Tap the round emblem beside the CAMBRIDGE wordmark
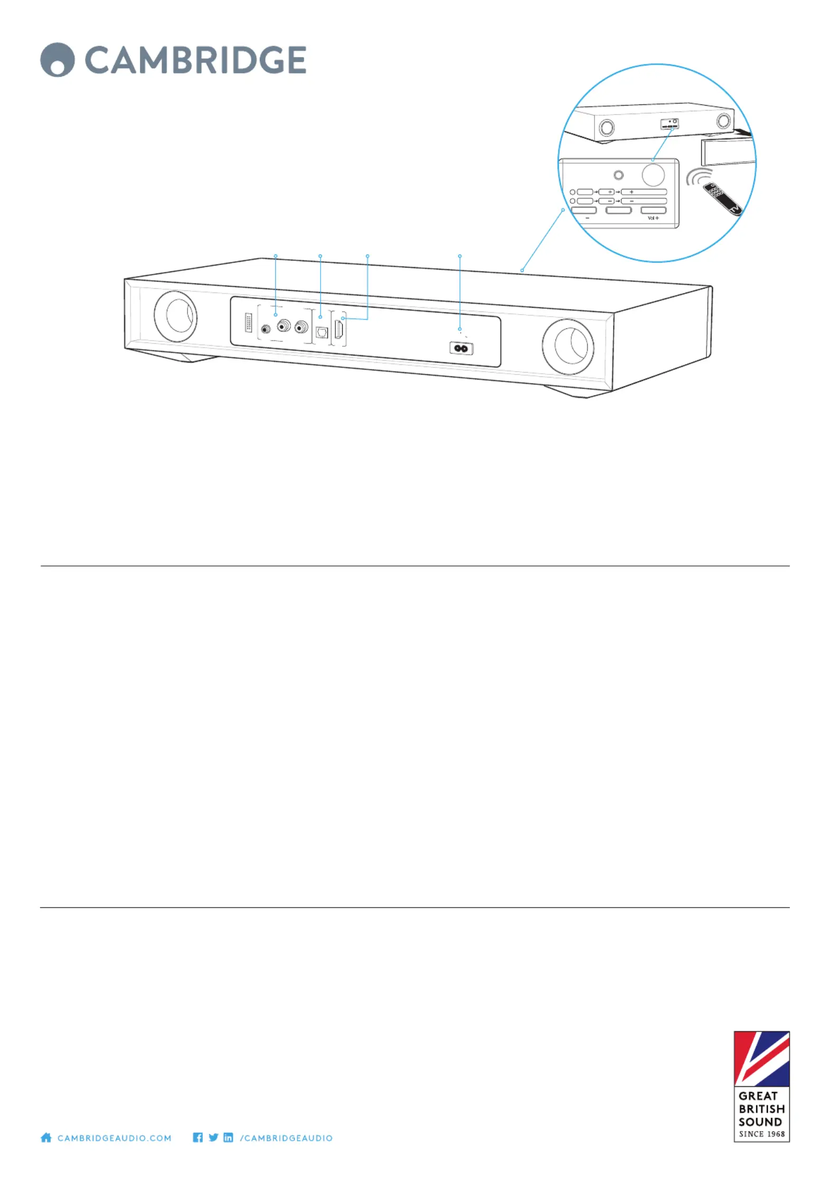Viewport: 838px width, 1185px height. pyautogui.click(x=57, y=60)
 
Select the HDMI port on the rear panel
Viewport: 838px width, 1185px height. pyautogui.click(x=340, y=329)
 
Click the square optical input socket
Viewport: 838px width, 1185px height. pyautogui.click(x=322, y=332)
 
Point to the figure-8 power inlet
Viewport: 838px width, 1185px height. pyautogui.click(x=461, y=348)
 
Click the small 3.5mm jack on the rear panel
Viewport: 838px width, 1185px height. pyautogui.click(x=266, y=329)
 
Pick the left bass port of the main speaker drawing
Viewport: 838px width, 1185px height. pyautogui.click(x=175, y=316)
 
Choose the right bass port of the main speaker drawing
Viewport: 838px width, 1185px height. pyautogui.click(x=568, y=346)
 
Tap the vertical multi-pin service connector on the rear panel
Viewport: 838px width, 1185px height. pyautogui.click(x=248, y=323)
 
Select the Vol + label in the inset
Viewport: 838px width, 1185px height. pyautogui.click(x=653, y=218)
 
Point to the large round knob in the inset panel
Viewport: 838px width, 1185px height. pyautogui.click(x=653, y=175)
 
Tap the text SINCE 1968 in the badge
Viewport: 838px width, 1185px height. pyautogui.click(x=761, y=1134)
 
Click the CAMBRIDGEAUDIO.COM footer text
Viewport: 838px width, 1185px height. pyautogui.click(x=114, y=1138)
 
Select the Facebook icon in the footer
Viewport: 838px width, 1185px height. pyautogui.click(x=198, y=1137)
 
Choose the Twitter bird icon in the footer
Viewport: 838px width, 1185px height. pyautogui.click(x=213, y=1137)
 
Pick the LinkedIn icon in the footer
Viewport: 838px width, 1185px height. pyautogui.click(x=228, y=1137)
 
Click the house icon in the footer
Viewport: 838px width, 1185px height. pyautogui.click(x=46, y=1137)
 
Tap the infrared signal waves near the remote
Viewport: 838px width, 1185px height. pyautogui.click(x=698, y=176)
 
